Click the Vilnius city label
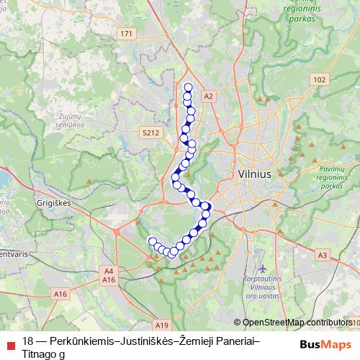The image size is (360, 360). click(253, 174)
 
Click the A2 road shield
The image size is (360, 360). click(209, 96)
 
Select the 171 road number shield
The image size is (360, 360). click(127, 34)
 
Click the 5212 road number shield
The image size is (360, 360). click(150, 132)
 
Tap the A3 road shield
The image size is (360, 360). click(322, 255)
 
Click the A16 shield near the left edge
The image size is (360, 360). click(60, 294)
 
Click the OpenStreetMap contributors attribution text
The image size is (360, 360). click(297, 323)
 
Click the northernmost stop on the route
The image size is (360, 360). click(188, 88)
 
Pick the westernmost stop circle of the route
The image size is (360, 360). click(152, 241)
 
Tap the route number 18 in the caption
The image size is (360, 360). click(28, 341)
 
